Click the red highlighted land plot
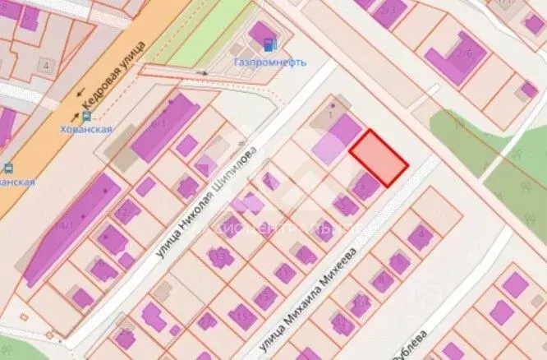coord(379,157)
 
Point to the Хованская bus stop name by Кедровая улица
coord(86,129)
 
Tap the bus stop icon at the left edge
coord(7,169)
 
